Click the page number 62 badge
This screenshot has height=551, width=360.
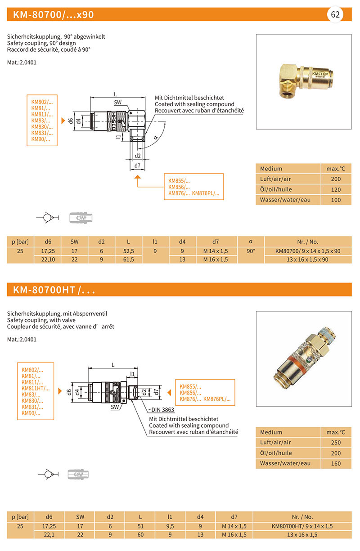[x=335, y=14]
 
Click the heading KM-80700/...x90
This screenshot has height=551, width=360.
[x=54, y=15]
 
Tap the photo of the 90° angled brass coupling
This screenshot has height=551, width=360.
[x=303, y=81]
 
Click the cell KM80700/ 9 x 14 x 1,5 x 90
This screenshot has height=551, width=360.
[x=308, y=251]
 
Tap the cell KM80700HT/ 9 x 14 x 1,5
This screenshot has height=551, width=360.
[x=302, y=526]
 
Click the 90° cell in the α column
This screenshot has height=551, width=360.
[x=251, y=251]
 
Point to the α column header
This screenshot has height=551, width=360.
[x=251, y=242]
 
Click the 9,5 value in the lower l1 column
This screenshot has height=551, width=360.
[x=170, y=526]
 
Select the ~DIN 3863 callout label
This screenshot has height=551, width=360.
[x=161, y=410]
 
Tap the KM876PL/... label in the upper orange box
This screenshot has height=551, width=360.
[x=206, y=193]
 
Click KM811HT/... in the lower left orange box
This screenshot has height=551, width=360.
[x=36, y=388]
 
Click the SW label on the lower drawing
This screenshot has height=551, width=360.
[x=115, y=407]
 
